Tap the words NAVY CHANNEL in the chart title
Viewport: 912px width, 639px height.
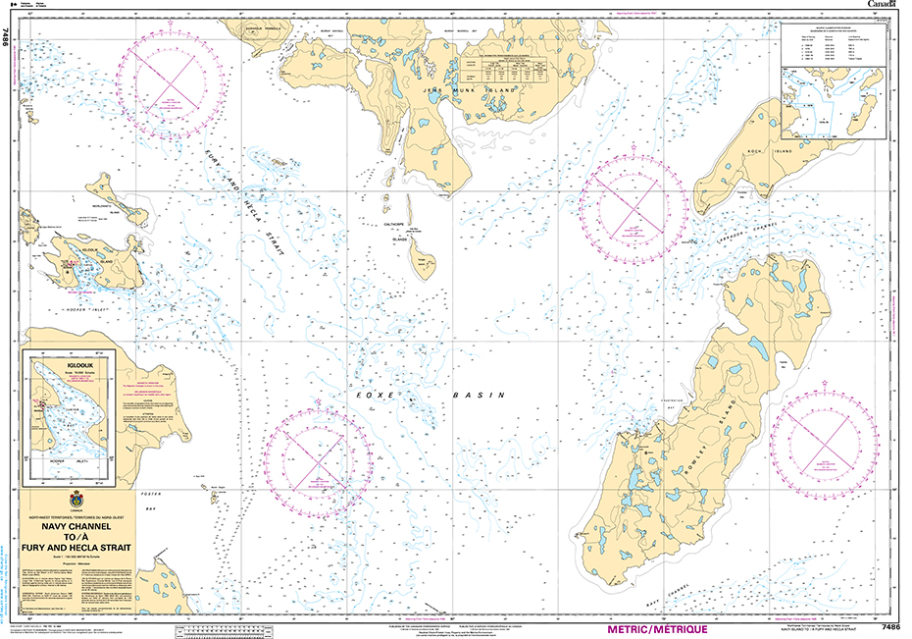pos(77,527)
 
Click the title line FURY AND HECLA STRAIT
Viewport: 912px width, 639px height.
pos(77,549)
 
